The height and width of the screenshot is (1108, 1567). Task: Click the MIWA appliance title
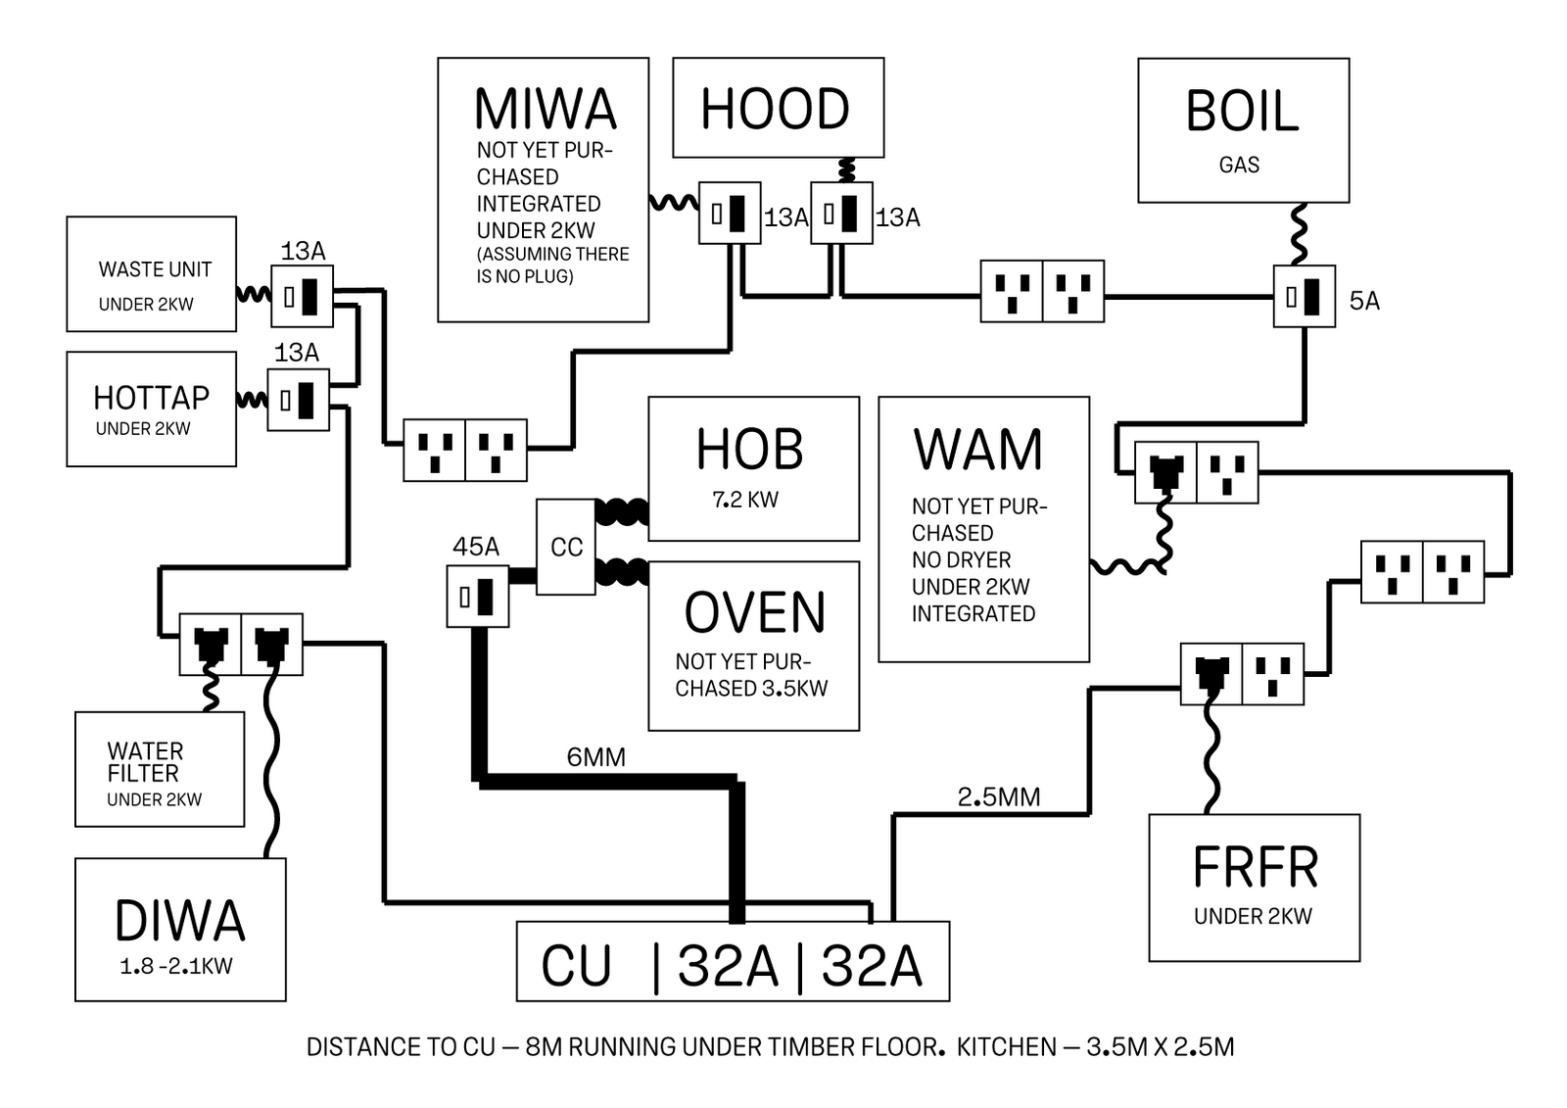545,109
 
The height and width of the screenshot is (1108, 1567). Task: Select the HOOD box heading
775,109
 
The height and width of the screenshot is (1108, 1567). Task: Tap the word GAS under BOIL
1239,165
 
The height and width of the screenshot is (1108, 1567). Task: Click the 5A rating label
1364,301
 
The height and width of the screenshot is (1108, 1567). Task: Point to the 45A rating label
476,547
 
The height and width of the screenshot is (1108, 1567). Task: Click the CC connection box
566,547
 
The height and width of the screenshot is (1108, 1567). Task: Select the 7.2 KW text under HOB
745,500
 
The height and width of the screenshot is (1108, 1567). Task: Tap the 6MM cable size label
595,757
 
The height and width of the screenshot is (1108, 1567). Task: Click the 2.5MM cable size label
999,797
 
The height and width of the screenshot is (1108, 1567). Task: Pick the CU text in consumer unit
576,966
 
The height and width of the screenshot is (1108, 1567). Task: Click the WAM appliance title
978,450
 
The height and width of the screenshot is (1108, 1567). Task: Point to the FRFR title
1255,867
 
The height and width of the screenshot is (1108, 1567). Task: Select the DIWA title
179,921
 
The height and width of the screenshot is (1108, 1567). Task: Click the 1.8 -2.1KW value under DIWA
176,966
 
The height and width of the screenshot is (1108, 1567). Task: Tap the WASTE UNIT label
155,269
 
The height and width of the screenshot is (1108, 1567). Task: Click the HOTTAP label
151,398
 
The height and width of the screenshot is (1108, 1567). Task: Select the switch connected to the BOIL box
1304,296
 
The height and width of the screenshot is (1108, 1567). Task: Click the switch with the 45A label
477,597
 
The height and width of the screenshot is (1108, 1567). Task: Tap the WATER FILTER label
145,762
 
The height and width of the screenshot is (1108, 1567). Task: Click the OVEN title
754,613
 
